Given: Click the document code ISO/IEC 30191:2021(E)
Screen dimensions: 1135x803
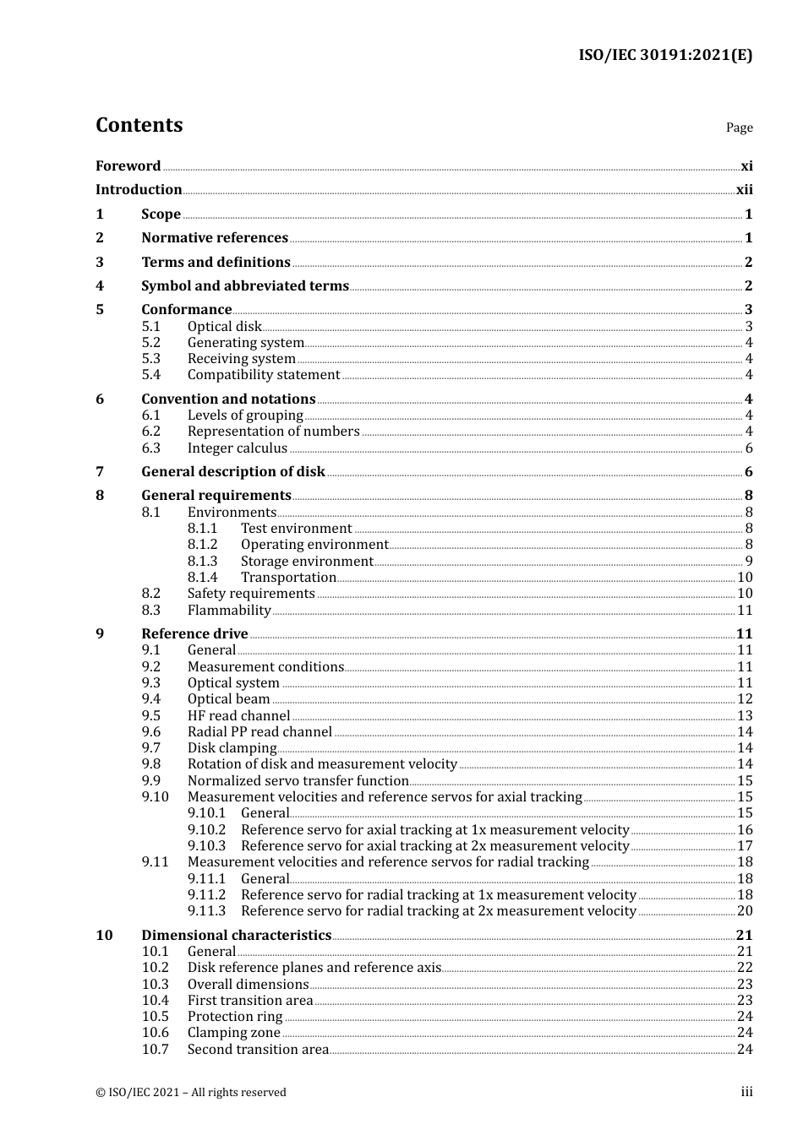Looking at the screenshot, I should [x=664, y=56].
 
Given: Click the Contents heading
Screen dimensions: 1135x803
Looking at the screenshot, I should [x=139, y=125].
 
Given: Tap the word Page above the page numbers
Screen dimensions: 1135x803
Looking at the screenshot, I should [x=739, y=128].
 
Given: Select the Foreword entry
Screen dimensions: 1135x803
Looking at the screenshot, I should [x=128, y=166].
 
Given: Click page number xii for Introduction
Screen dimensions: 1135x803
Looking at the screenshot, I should [x=744, y=190].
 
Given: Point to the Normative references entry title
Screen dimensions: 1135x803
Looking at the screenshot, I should [x=215, y=238].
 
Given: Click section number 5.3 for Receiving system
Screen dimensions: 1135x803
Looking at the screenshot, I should [x=150, y=359].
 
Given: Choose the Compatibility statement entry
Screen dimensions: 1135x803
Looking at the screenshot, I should [x=264, y=375].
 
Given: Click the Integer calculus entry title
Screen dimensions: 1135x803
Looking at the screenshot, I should [x=238, y=448].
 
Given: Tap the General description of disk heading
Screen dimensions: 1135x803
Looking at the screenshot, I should [x=233, y=472].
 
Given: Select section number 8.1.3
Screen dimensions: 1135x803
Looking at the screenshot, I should [x=202, y=562].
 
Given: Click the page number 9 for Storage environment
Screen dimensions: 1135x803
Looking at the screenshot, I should [x=749, y=562].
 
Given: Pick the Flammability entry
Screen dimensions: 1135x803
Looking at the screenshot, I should [x=229, y=611].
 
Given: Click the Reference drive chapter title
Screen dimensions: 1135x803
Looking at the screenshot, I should [x=194, y=634].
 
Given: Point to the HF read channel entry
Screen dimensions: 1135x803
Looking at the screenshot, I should [x=238, y=716].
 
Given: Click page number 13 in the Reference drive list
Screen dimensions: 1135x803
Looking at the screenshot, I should [x=745, y=716].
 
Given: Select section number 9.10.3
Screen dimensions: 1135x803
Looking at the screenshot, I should [x=206, y=846].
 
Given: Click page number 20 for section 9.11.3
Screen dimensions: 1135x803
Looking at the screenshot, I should [x=745, y=911].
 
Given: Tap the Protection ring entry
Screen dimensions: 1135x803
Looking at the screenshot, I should [x=235, y=1017].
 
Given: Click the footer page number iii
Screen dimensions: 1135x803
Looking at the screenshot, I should [x=746, y=1092].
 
